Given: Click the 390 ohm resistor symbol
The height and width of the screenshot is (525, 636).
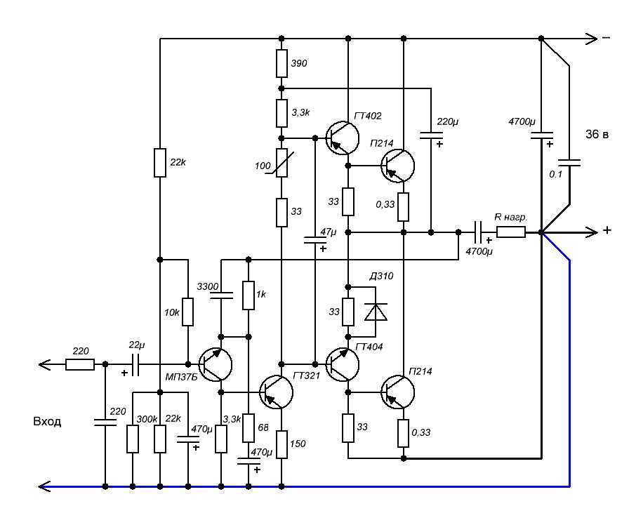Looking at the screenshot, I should [x=281, y=63].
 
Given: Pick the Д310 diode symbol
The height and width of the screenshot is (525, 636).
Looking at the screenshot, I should [x=377, y=311].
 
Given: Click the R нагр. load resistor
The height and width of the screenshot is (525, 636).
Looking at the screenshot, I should [x=511, y=232].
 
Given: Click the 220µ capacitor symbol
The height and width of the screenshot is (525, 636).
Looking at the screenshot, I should [x=430, y=134].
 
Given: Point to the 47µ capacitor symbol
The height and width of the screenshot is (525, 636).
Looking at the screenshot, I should [x=315, y=241].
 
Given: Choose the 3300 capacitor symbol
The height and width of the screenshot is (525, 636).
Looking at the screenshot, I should [x=221, y=297].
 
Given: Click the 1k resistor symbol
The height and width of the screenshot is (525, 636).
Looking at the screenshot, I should [x=248, y=295].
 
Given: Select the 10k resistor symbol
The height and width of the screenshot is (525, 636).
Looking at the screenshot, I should [x=187, y=312].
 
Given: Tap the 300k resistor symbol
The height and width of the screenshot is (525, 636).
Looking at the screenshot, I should [x=132, y=439].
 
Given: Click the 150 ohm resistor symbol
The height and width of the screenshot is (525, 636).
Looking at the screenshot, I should [x=281, y=444].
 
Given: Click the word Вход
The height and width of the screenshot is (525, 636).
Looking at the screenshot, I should [x=47, y=422].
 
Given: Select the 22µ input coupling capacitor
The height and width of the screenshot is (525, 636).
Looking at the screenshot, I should [x=135, y=364].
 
